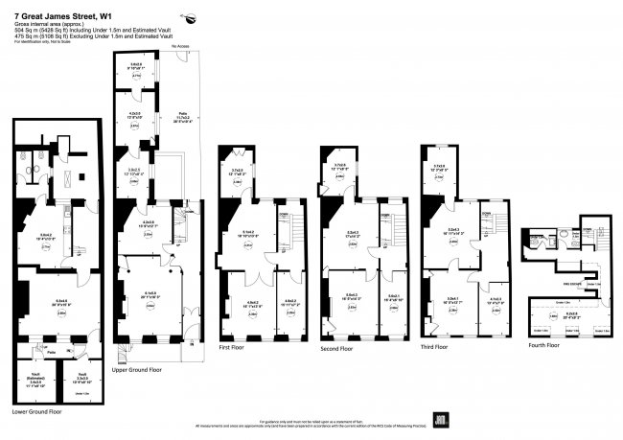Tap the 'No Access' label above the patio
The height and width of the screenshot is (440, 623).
point(179,46)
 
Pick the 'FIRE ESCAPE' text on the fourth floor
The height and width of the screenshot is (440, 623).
point(573,284)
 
